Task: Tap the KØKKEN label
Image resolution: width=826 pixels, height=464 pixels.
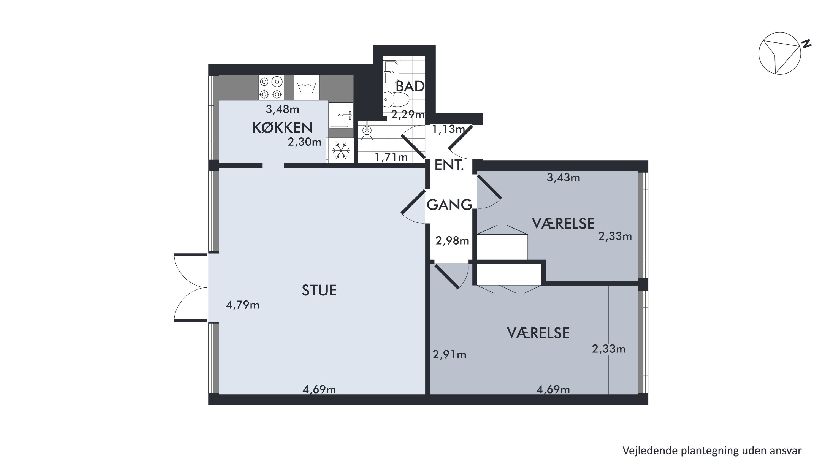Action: pos(282,128)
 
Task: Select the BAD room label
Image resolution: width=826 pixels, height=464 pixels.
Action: pos(410,86)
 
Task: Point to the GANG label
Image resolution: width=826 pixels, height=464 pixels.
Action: pos(449,205)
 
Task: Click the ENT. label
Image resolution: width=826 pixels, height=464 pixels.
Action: pos(449,165)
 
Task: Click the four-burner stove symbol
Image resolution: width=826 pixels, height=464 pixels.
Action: pos(271,87)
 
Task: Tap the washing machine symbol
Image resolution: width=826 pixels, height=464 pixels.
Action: pos(307,87)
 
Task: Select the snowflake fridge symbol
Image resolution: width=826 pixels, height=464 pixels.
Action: pos(340,151)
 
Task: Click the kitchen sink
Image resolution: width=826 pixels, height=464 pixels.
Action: pos(341,115)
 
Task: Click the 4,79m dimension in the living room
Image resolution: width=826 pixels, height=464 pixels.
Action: pos(243,305)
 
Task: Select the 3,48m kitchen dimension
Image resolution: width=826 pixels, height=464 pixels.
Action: pos(283,110)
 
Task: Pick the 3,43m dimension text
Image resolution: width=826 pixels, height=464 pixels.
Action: pos(564,178)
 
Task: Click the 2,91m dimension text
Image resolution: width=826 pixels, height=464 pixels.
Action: pos(449,355)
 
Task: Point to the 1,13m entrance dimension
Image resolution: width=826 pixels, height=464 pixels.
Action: pos(449,129)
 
